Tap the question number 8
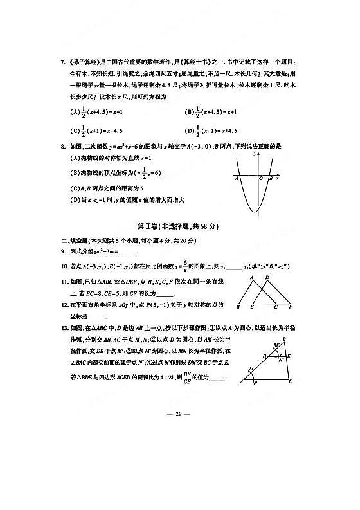pyautogui.click(x=62, y=147)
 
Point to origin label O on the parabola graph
pyautogui.click(x=260, y=179)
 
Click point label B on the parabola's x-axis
pyautogui.click(x=272, y=179)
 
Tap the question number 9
pyautogui.click(x=62, y=251)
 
